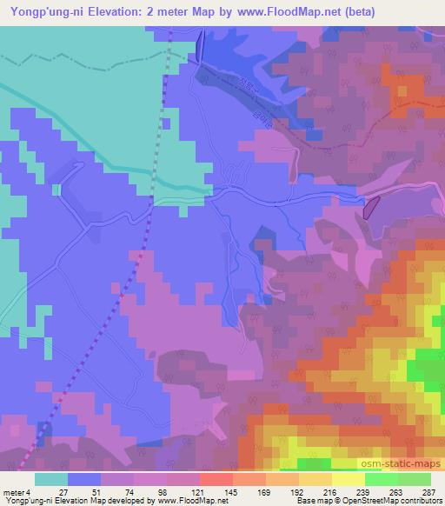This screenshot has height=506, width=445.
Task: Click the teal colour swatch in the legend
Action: (51, 479)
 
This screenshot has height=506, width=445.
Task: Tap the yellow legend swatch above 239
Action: (348, 479)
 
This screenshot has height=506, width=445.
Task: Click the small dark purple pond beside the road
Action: (370, 207)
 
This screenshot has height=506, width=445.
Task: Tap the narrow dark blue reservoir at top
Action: (199, 45)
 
